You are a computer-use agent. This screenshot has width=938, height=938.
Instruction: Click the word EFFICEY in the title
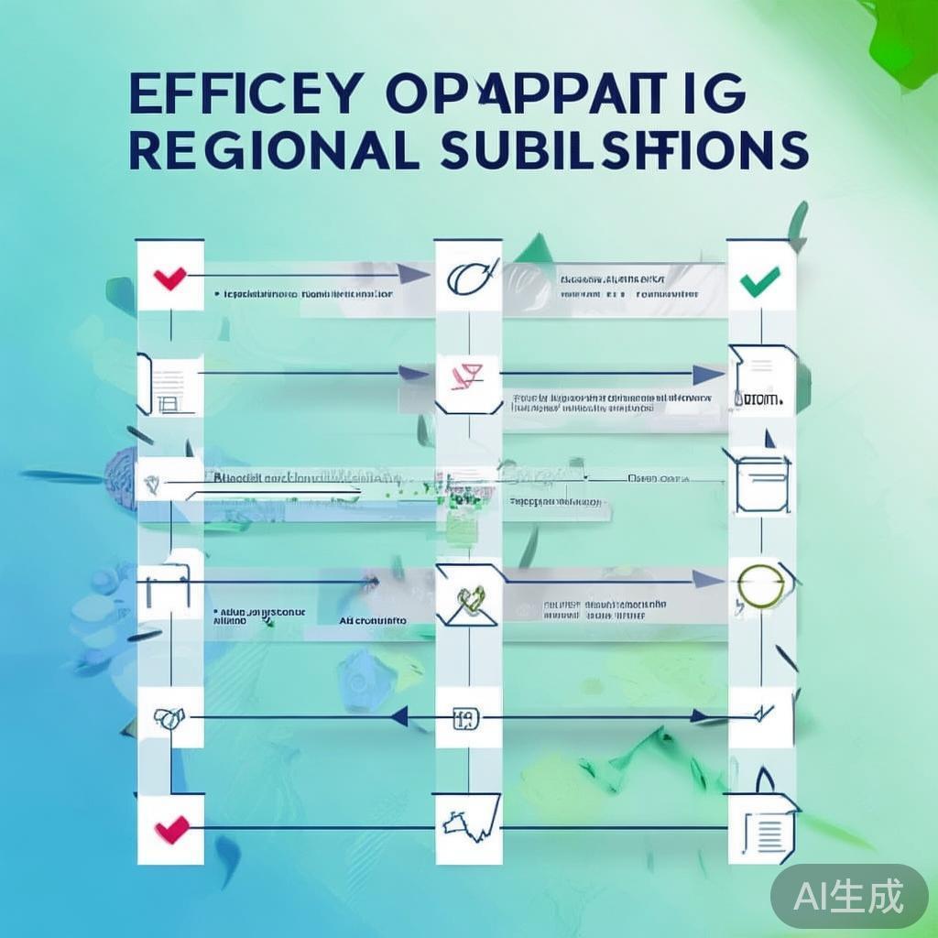[x=242, y=95]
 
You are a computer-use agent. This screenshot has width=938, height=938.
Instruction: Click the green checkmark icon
[x=760, y=279]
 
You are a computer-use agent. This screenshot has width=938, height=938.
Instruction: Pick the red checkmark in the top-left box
[x=170, y=277]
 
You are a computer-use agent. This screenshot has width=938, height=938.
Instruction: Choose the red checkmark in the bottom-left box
[x=170, y=830]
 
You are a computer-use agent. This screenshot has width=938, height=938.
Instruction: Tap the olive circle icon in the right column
[x=760, y=586]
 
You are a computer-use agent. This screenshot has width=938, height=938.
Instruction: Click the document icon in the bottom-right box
[x=766, y=830]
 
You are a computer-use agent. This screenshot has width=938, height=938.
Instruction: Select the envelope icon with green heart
[x=469, y=600]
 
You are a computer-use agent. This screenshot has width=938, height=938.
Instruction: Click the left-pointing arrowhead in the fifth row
[x=399, y=717]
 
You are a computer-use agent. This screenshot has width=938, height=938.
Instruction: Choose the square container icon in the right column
[x=762, y=480]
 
